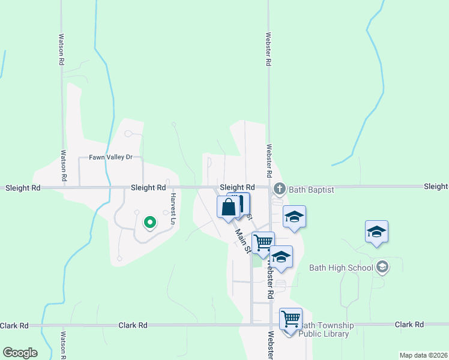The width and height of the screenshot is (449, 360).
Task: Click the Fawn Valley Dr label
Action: (x=110, y=157)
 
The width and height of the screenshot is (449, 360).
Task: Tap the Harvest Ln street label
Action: (x=172, y=209)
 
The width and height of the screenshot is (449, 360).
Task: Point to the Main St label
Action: (x=243, y=241)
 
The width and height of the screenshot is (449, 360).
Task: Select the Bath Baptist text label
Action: (x=311, y=190)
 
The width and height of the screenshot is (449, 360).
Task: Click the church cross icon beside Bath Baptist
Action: (x=279, y=190)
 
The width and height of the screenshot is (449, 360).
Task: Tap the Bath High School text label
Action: (x=340, y=268)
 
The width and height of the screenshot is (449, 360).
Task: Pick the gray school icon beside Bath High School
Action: (x=382, y=268)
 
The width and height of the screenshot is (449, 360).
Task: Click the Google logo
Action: (x=20, y=353)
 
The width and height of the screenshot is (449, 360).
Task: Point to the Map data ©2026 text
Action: (x=423, y=355)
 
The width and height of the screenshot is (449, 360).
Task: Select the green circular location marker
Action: (x=150, y=223)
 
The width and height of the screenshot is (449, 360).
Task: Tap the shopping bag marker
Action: (x=229, y=208)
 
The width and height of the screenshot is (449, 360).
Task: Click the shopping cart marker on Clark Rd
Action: (x=291, y=318)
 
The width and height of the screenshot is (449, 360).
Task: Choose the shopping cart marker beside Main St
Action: (x=263, y=242)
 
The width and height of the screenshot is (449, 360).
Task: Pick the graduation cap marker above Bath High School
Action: (x=376, y=231)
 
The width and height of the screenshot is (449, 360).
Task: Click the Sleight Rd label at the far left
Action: (x=23, y=188)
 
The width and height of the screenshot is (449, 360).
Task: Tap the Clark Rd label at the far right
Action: (x=409, y=325)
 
